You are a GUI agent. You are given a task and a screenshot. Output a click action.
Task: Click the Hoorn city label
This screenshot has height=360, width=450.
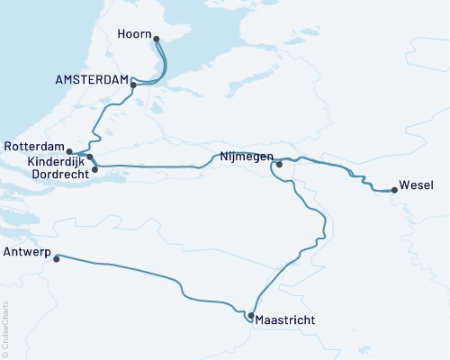133,35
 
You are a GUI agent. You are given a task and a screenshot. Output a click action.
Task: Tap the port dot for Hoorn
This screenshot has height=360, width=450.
157,39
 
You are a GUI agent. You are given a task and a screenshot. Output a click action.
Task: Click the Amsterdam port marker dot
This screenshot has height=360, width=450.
133,85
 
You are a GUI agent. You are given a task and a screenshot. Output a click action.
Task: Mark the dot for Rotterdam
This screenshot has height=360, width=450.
70,152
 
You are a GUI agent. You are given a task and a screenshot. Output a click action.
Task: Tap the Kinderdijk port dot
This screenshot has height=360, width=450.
90,157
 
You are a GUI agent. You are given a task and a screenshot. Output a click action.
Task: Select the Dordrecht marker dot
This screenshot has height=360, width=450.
95,168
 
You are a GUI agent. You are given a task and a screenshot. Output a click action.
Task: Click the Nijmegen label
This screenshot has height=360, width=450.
246,156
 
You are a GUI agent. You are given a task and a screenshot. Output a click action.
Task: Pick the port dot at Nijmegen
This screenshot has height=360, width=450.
279,164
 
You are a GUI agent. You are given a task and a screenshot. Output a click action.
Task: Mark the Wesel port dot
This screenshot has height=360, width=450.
394,190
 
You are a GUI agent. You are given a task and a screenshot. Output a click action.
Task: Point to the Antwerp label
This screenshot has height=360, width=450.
28,251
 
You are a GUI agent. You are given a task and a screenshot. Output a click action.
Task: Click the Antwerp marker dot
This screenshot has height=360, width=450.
57,258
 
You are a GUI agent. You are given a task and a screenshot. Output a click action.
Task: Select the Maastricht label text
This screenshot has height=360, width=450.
285,319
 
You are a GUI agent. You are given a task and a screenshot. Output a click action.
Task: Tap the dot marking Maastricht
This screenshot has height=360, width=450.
250,316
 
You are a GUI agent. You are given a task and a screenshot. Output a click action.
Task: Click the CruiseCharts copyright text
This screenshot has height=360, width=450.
5,329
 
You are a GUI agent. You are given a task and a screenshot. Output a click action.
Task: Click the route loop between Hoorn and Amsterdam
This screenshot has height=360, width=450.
166,67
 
